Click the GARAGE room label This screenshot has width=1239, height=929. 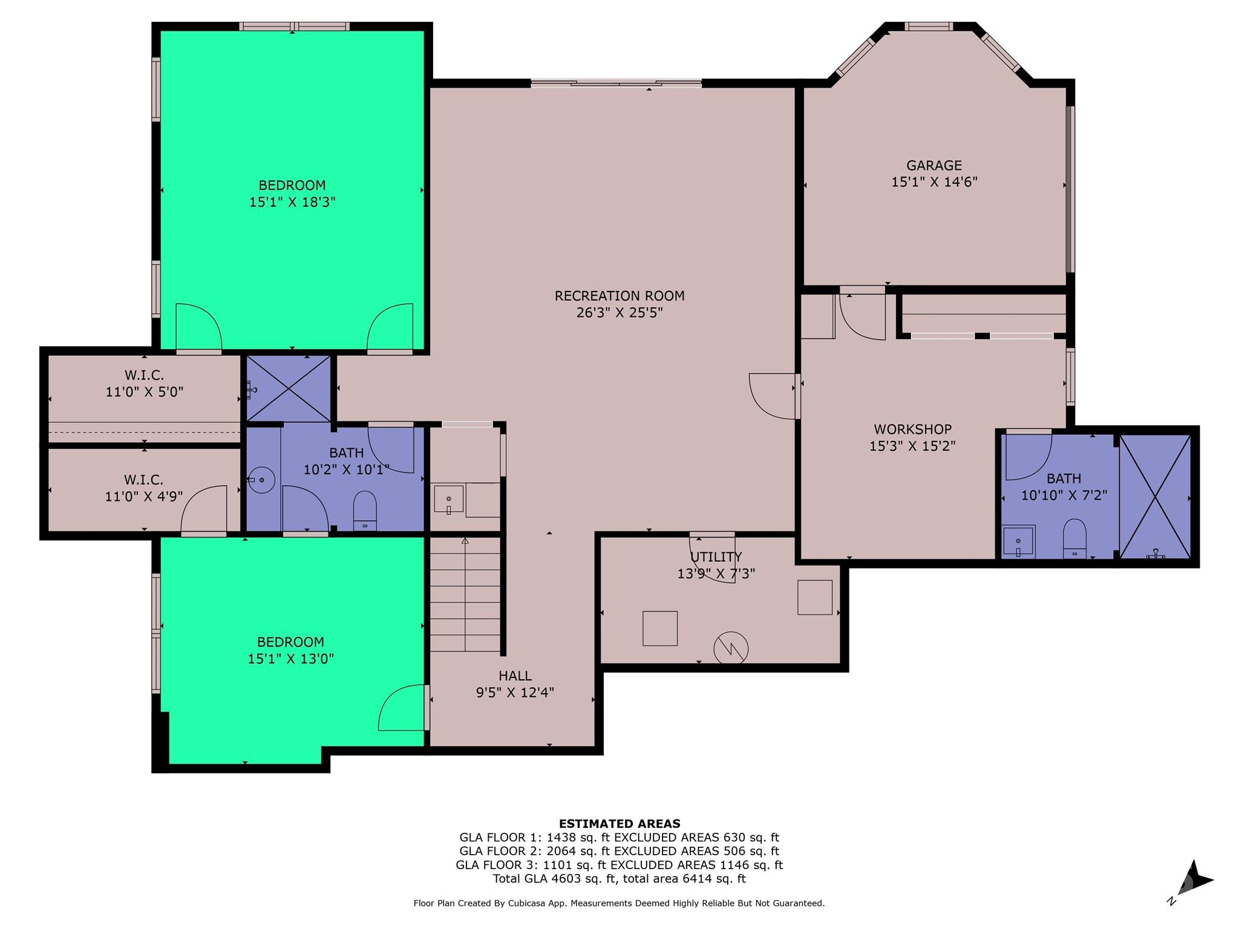pyautogui.click(x=934, y=165)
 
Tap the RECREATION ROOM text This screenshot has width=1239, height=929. pyautogui.click(x=619, y=296)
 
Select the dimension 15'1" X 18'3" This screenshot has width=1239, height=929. pyautogui.click(x=292, y=202)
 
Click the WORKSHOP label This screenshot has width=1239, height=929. pyautogui.click(x=912, y=429)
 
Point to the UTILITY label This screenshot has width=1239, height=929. pyautogui.click(x=716, y=556)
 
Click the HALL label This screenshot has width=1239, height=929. pyautogui.click(x=515, y=676)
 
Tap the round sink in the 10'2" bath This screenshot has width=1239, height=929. pyautogui.click(x=261, y=480)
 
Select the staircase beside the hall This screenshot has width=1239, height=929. pyautogui.click(x=465, y=594)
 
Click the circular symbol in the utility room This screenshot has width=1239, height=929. pyautogui.click(x=731, y=649)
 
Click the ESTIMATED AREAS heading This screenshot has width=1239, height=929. pyautogui.click(x=619, y=823)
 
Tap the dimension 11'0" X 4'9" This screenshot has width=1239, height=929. pyautogui.click(x=143, y=497)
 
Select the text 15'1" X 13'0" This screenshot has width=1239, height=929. pyautogui.click(x=290, y=659)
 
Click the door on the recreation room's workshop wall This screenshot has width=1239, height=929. pyautogui.click(x=772, y=396)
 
